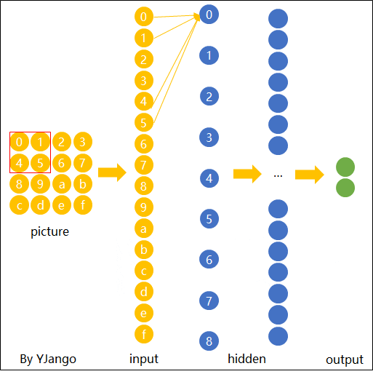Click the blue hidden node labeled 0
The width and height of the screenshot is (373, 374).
[x=209, y=14]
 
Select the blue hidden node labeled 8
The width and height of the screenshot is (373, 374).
[x=209, y=341]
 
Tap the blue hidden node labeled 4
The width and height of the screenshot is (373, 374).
[x=209, y=178]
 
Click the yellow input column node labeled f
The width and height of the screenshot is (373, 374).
[x=145, y=334]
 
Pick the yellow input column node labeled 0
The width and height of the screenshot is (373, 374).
[x=145, y=16]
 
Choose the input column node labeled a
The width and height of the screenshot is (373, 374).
[x=145, y=228]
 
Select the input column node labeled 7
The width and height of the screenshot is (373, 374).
[x=145, y=164]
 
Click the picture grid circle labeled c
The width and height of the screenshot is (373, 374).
[x=20, y=205]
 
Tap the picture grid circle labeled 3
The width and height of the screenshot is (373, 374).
[x=83, y=142]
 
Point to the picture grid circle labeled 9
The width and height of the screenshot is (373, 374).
[x=41, y=184]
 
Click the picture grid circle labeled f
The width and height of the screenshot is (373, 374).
[x=83, y=205]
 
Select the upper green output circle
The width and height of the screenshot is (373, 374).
[x=345, y=167]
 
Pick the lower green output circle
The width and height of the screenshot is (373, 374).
[x=345, y=188]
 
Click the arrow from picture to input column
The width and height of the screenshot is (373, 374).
[x=112, y=172]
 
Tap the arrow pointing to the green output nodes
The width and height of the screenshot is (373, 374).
[x=309, y=175]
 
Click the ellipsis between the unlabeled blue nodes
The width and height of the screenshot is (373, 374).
[x=278, y=175]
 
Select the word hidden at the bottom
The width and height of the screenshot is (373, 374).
[x=246, y=359]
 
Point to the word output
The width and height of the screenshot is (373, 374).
[x=344, y=359]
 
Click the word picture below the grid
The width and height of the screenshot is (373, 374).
[x=50, y=233]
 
